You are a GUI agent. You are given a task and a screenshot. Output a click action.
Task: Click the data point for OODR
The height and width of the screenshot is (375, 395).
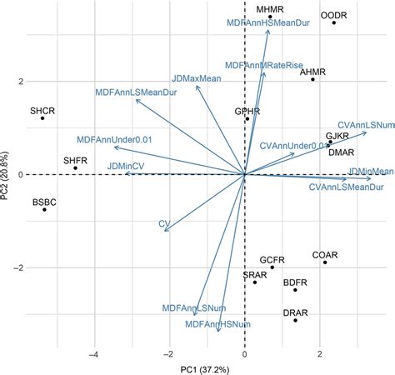click(334, 22)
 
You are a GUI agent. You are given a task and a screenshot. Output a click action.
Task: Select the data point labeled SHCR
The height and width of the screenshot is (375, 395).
click(42, 118)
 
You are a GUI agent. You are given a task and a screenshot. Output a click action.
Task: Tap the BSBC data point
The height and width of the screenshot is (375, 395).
click(45, 209)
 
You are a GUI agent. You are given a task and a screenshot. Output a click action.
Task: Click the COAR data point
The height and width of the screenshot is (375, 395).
click(325, 262)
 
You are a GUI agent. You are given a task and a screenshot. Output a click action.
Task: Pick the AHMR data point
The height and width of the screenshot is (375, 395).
click(313, 79)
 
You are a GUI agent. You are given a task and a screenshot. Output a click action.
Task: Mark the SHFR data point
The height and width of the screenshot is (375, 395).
click(75, 168)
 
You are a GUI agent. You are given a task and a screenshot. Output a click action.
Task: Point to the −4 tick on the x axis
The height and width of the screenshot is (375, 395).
click(95, 353)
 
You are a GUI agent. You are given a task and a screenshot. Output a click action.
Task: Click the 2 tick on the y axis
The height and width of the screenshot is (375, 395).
click(20, 82)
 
